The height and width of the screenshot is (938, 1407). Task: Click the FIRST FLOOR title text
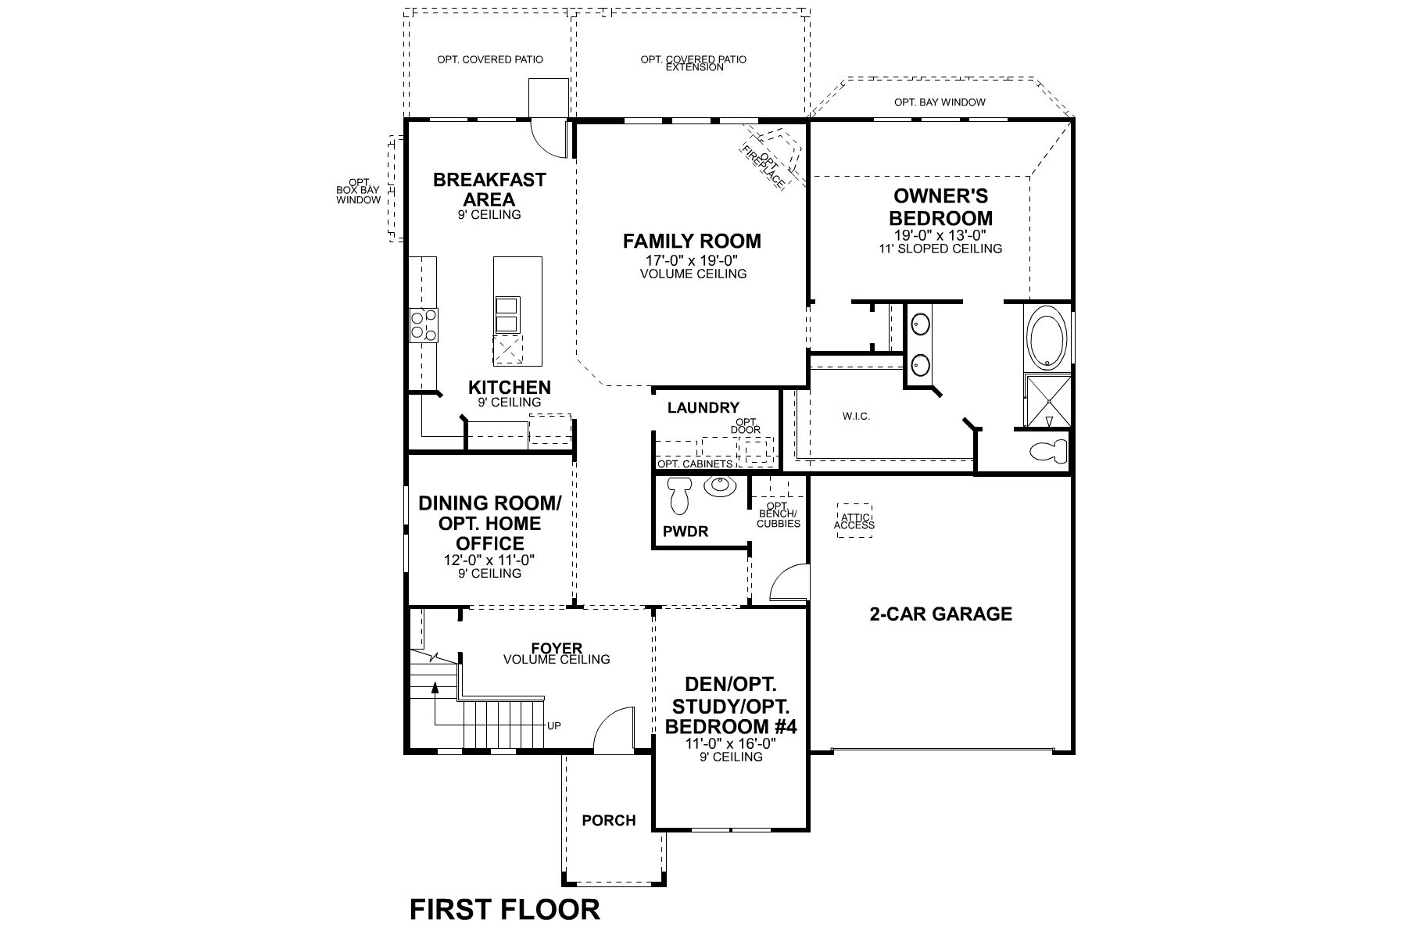coord(505,909)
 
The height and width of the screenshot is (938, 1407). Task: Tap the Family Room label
coord(692,242)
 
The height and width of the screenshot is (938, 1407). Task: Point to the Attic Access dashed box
coord(854,521)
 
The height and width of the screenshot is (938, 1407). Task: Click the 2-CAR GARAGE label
coord(940,614)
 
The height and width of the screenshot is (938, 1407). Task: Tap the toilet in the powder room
coord(678,494)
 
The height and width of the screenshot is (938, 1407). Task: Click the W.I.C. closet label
coord(856,417)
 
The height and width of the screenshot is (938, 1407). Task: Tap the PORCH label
coord(608,821)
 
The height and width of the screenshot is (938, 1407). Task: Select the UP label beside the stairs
coord(553,725)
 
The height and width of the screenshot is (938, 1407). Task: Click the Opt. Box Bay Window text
coord(359,192)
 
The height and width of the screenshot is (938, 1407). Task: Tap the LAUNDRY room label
coord(703,407)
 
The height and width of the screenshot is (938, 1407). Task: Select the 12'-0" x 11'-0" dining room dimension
coord(489,560)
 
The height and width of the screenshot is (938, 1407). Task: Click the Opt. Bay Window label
coord(940,102)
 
